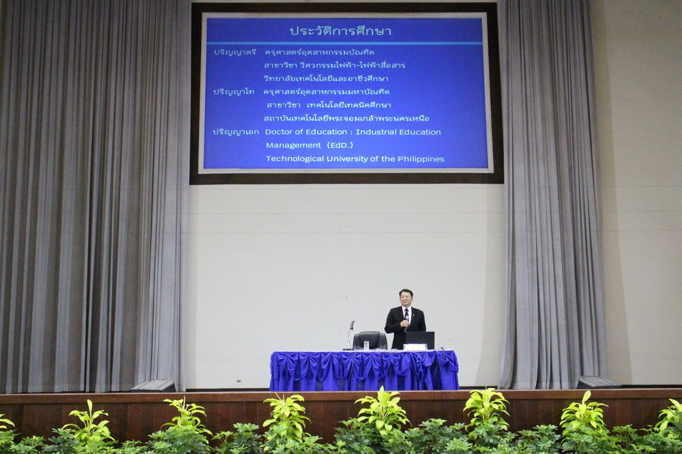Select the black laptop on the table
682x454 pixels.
[x=419, y=340]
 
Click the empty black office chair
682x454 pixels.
[x=369, y=340]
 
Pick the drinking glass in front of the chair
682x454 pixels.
[x=366, y=345]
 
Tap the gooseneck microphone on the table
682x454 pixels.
[x=350, y=335]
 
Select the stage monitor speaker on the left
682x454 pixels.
[x=153, y=385]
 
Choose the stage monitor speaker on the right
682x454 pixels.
[x=597, y=382]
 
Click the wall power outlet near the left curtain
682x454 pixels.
[x=239, y=381]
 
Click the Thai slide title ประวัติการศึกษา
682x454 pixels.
[x=341, y=31]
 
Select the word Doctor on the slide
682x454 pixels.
[x=279, y=132]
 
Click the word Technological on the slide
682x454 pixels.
[x=295, y=158]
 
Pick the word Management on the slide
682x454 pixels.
[x=294, y=145]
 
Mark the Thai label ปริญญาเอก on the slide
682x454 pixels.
[x=235, y=132]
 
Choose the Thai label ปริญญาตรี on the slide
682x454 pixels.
[x=234, y=52]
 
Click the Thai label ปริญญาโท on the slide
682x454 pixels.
[x=234, y=92]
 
